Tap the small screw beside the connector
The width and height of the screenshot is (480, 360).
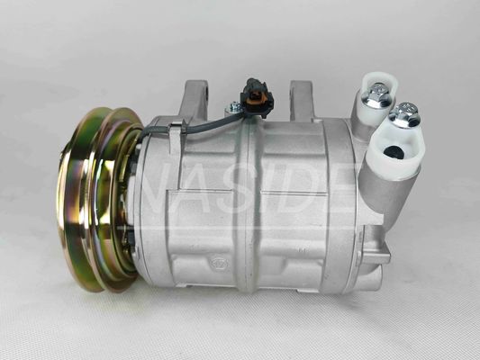[x=234, y=108]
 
